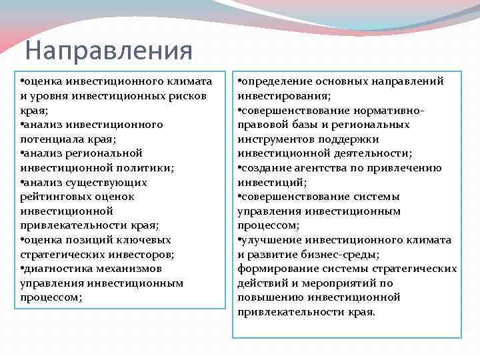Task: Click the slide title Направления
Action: pos(108,50)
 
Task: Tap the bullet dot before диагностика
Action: pos(23,269)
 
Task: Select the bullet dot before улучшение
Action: pos(240,239)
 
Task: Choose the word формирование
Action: pos(275,269)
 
